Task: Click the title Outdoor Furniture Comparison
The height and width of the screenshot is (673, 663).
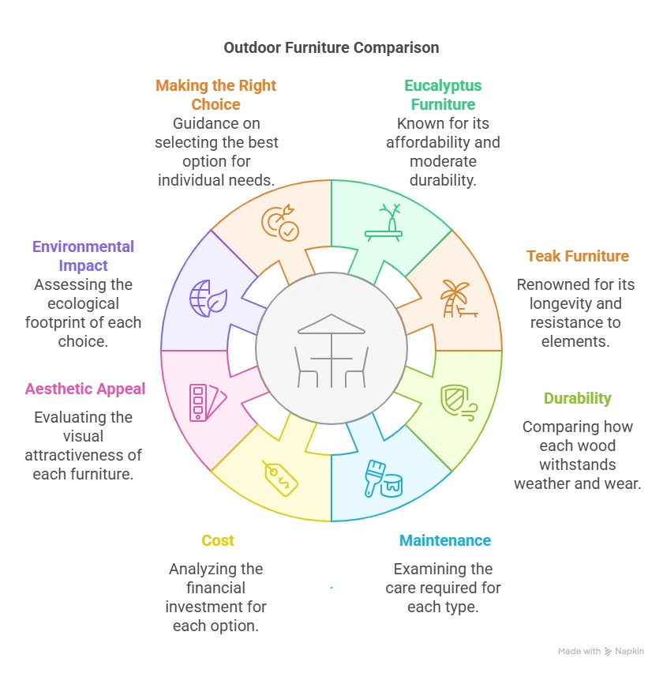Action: click(x=331, y=47)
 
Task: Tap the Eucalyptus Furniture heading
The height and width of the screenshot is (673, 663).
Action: click(x=443, y=95)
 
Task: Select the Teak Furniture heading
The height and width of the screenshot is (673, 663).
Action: click(x=578, y=256)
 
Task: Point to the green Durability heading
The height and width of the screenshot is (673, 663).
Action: click(x=578, y=398)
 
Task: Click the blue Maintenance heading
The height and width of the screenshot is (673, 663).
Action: click(x=445, y=540)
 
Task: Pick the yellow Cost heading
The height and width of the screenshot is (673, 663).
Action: click(x=217, y=540)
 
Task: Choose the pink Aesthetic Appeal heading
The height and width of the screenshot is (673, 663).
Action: click(x=85, y=389)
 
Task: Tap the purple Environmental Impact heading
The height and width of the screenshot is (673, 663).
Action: click(x=83, y=256)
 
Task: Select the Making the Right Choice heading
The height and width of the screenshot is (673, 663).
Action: click(x=216, y=95)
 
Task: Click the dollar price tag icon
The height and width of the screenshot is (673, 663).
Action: click(x=281, y=478)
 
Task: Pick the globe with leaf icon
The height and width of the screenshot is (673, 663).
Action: click(x=203, y=299)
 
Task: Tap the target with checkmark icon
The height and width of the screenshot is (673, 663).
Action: click(x=280, y=223)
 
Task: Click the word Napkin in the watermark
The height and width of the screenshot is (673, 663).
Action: click(x=630, y=651)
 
